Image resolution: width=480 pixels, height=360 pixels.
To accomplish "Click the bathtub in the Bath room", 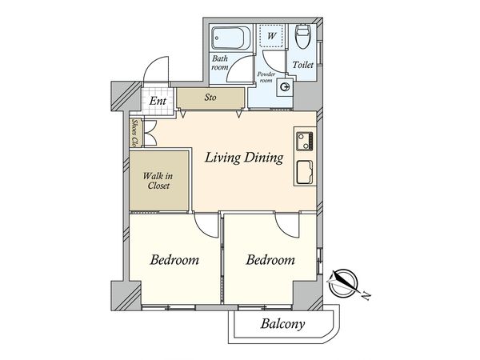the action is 231,38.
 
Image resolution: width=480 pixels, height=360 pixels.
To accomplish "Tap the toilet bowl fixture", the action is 303,36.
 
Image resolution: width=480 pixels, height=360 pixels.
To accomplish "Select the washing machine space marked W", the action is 271,35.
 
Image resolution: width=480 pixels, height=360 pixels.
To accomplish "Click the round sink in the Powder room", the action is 285,88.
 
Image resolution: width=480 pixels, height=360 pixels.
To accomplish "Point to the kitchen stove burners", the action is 304,141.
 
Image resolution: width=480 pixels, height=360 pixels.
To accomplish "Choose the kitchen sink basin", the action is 304,172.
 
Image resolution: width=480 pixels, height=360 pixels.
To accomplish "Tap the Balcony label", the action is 282,324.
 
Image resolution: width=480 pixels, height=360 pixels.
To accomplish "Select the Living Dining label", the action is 244,158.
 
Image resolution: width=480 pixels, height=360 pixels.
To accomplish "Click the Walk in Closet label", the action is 158,181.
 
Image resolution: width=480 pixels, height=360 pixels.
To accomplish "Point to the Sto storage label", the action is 210,98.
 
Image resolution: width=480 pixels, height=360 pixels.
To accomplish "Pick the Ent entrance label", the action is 158,101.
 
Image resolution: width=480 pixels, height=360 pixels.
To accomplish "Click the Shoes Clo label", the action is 134,132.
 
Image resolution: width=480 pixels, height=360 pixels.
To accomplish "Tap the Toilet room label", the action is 302,65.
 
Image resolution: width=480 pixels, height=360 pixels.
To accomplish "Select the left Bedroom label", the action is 174,260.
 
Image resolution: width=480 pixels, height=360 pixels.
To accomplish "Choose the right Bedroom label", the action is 270,260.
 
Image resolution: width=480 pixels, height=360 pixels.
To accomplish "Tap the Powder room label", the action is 266,77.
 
